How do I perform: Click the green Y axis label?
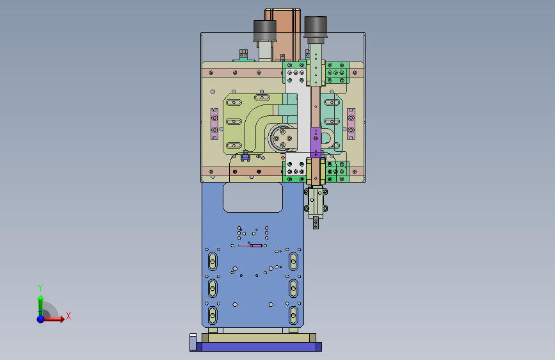click(x=40, y=288)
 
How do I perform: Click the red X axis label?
click(x=68, y=316)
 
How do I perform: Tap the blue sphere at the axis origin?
click(x=41, y=319)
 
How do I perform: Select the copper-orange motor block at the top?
click(x=283, y=35)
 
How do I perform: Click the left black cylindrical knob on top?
click(x=265, y=31)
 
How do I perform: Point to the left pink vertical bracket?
click(x=214, y=124)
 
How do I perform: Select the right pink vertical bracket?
click(x=351, y=124)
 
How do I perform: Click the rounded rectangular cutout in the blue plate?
click(x=253, y=197)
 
